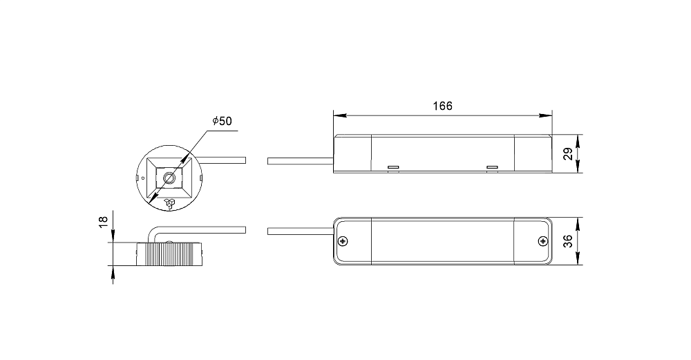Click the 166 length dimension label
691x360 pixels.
(x=442, y=106)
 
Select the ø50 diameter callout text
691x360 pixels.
(x=222, y=121)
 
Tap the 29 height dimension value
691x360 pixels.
(x=569, y=154)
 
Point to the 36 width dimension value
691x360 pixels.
(x=569, y=241)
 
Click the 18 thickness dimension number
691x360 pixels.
(x=103, y=221)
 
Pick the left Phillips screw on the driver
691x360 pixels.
(x=343, y=241)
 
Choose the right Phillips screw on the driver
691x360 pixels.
(x=543, y=241)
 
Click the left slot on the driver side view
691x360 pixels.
(x=393, y=167)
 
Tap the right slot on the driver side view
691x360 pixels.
(x=492, y=167)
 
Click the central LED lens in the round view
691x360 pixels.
(x=169, y=178)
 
